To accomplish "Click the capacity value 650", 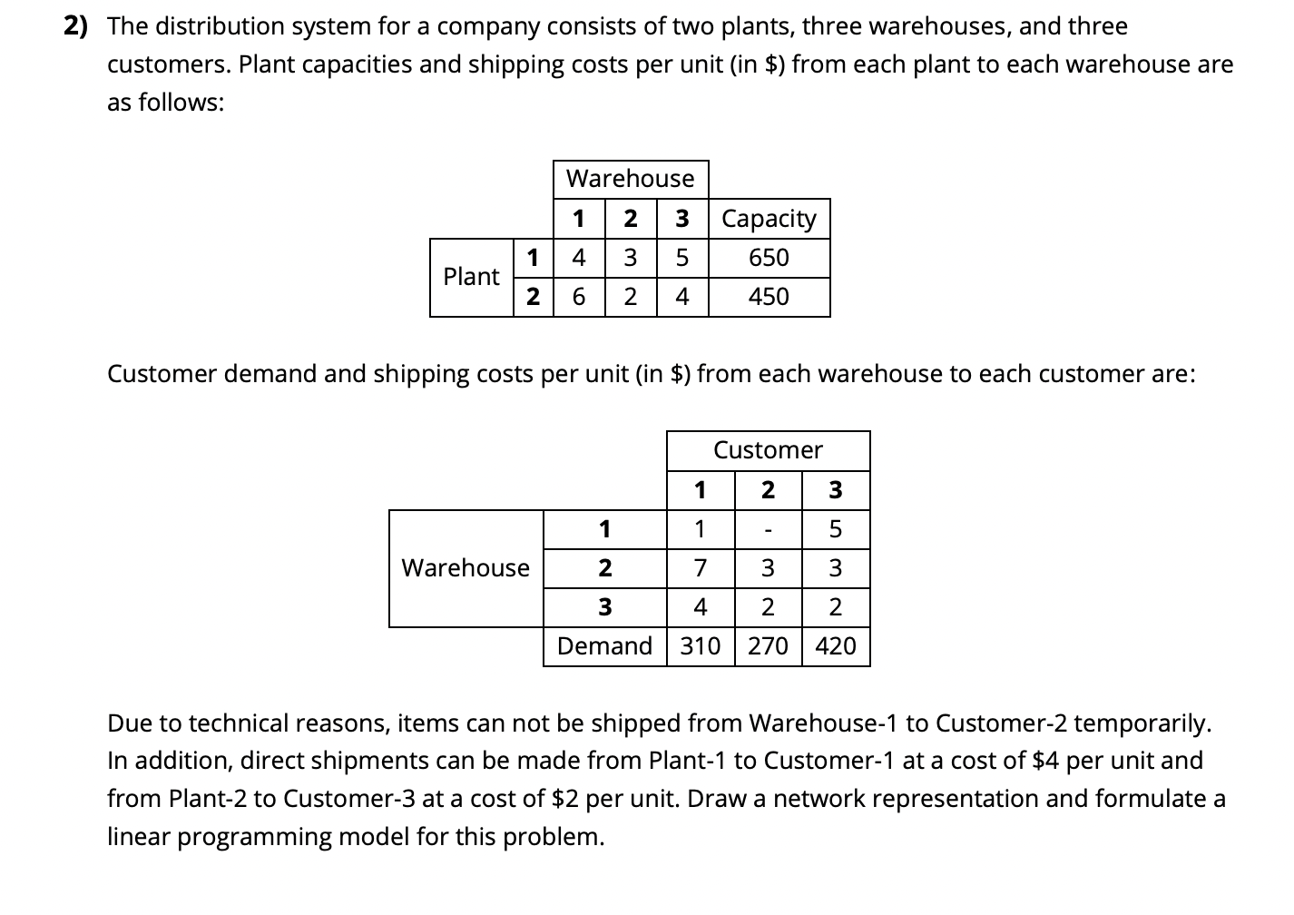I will [769, 258].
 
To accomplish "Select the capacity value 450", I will [769, 297].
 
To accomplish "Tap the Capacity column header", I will [769, 219].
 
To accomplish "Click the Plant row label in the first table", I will [471, 277].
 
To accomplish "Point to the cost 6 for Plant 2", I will [579, 297].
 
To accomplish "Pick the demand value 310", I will [701, 646].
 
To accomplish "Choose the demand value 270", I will [768, 646].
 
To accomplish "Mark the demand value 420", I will [836, 646].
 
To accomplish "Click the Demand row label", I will [604, 646].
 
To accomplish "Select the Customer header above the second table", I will [768, 450].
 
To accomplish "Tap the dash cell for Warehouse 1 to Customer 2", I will [768, 528].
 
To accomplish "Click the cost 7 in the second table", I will [700, 568].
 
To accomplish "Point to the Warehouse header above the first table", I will [630, 179].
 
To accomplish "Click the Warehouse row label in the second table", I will [466, 568].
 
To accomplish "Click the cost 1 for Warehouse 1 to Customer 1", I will [700, 528].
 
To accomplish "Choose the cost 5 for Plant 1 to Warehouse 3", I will [681, 258].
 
